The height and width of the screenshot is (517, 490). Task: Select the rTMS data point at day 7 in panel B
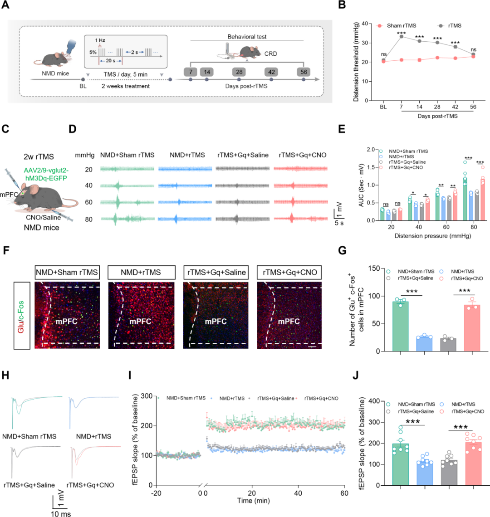pyautogui.click(x=402, y=36)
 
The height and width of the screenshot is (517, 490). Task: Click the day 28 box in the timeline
pyautogui.click(x=240, y=72)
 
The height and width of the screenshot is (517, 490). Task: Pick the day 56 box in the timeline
pyautogui.click(x=303, y=72)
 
